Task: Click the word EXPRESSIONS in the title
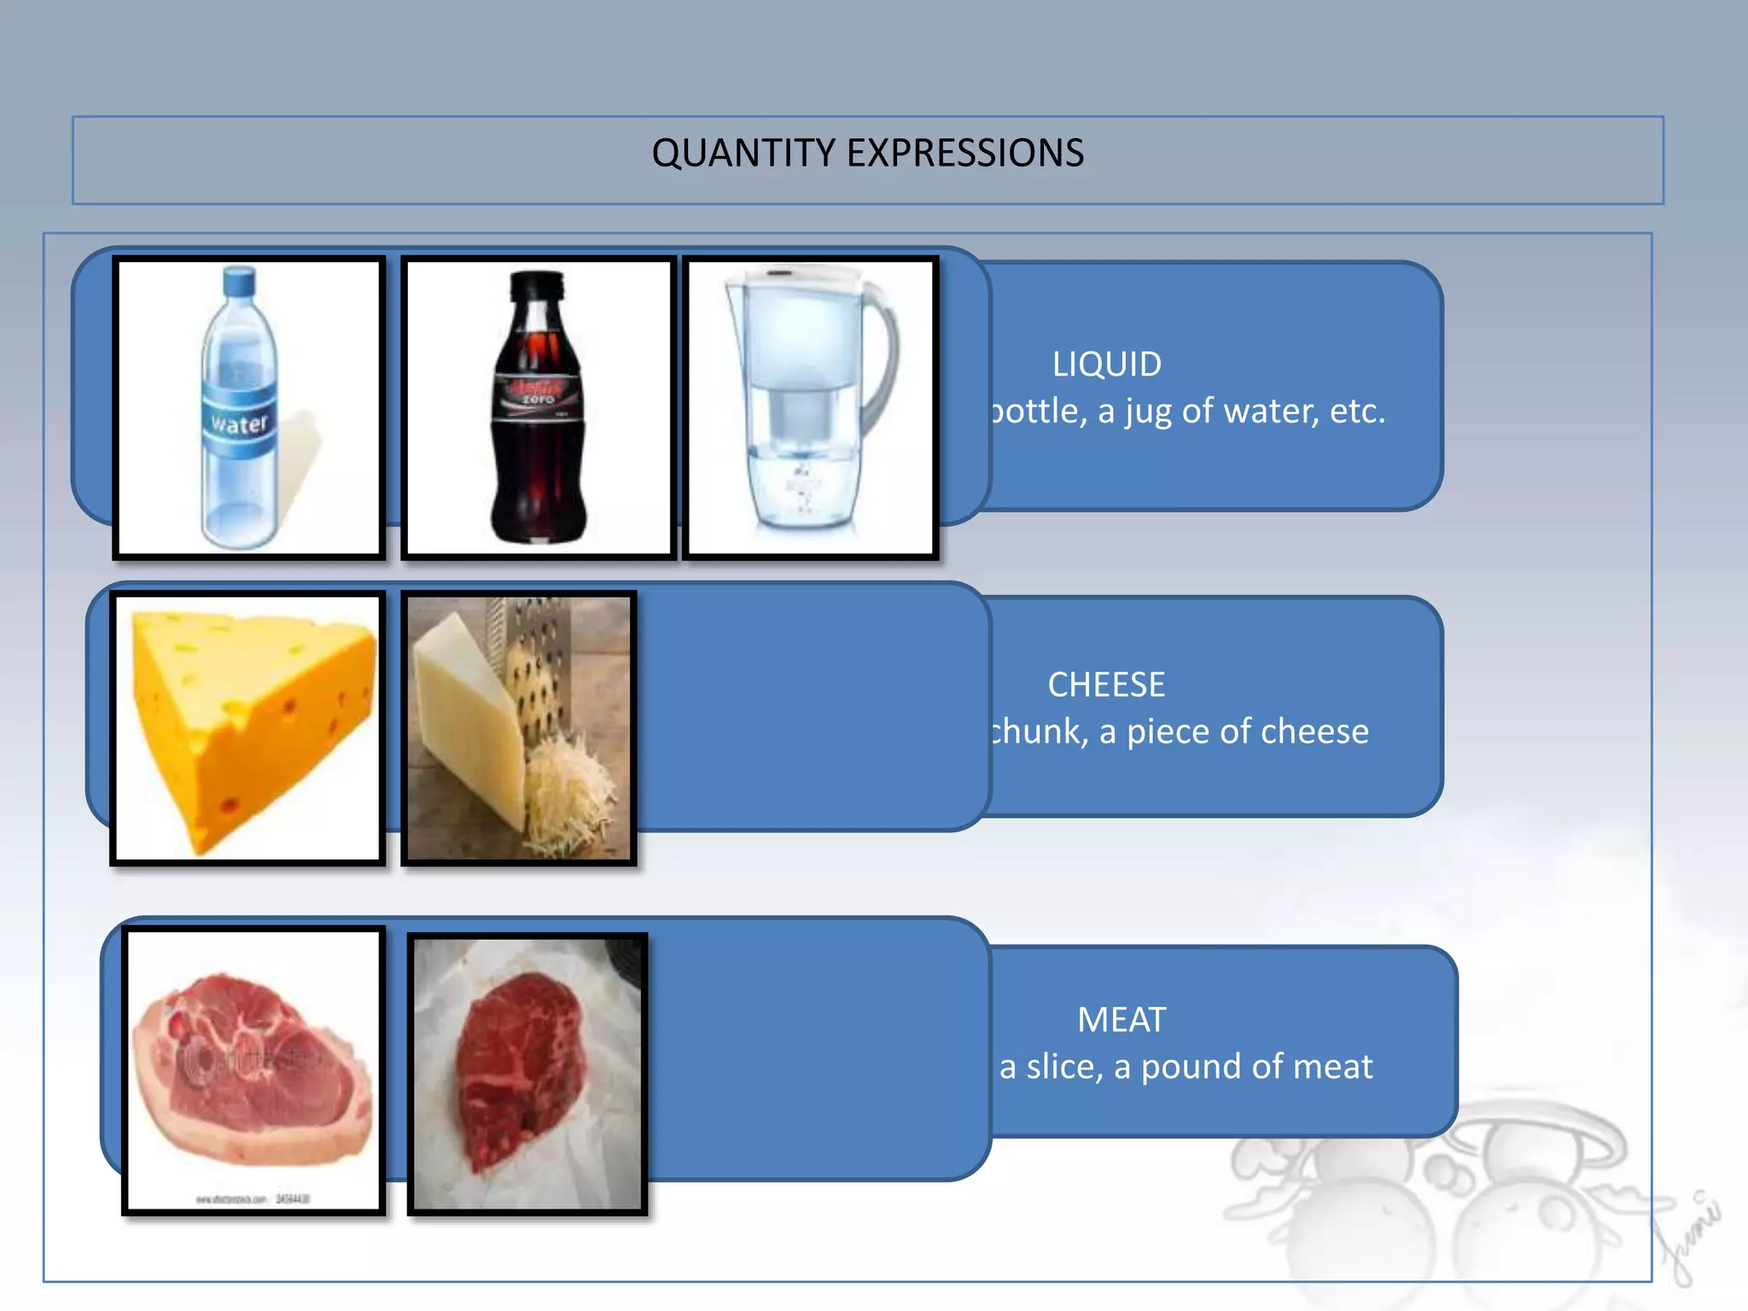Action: point(964,154)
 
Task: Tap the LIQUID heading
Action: point(1106,364)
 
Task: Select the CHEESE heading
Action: point(1106,685)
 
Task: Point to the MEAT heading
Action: point(1121,1020)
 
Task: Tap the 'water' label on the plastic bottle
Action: point(240,423)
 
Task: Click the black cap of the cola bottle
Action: point(536,285)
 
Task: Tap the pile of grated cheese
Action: point(568,794)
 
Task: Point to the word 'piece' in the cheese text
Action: point(1166,732)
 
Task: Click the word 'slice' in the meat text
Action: point(1063,1067)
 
